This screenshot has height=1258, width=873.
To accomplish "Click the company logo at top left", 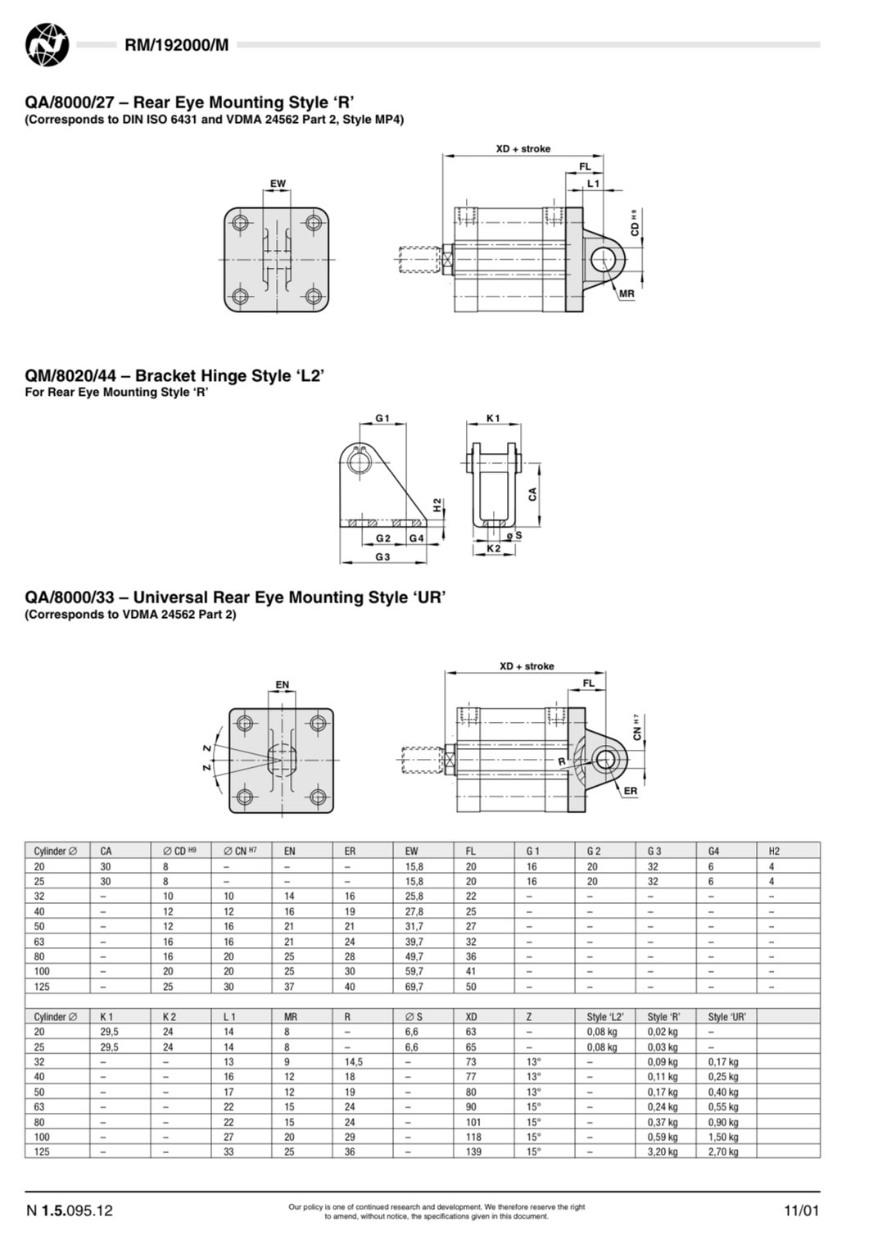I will point(47,44).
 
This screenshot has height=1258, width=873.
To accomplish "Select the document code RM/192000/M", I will point(176,45).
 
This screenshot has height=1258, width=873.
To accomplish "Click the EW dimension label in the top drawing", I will point(278,184).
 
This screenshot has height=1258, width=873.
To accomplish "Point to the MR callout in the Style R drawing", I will point(626,293).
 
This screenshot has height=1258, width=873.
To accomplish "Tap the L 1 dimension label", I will point(593,184).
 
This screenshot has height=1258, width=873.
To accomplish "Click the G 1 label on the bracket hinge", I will point(382,418).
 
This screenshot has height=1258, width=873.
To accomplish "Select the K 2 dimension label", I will point(493,548).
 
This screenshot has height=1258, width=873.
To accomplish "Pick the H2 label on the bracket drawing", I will point(437,505).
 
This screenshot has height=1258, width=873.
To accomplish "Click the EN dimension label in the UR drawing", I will point(282,685).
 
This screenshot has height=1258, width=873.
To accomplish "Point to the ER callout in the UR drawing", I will point(630,791).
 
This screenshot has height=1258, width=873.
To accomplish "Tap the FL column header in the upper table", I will point(471,851).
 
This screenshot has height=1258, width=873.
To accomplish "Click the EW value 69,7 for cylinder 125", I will point(414,987).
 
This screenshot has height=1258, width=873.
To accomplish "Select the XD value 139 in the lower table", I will point(473,1151).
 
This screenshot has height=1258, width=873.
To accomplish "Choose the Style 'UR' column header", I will point(726,1016).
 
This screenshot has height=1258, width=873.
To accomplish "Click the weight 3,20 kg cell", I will point(663,1151).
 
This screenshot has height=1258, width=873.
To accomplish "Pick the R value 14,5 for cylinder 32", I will point(354,1061).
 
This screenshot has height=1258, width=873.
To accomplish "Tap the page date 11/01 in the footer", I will point(801,1210).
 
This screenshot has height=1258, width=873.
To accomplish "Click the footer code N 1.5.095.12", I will point(70,1210).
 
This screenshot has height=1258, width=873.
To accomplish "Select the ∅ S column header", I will point(414,1016).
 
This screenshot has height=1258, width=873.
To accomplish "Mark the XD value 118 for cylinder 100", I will point(473,1137).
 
